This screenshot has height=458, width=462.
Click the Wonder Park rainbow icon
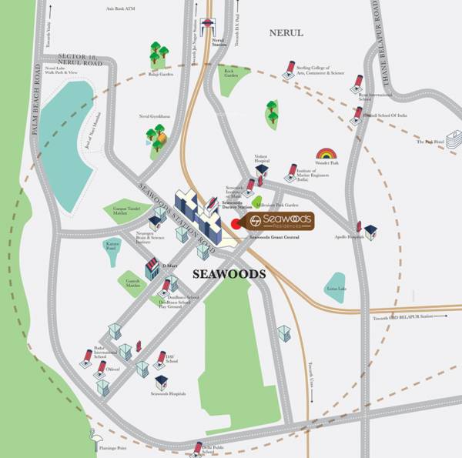coord(326,155)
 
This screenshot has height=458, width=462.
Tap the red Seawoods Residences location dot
coord(236,224)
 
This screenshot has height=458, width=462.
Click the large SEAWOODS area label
coord(229,274)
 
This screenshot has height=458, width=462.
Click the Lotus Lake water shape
coord(336,284)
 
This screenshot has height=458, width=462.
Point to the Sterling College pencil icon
coord(290,69)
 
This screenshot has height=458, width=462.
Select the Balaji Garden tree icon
coord(159,54)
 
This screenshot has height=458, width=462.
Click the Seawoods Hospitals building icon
coord(161,382)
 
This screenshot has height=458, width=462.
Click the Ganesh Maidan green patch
coord(132,285)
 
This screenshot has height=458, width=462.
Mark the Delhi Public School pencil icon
coord(199,448)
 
